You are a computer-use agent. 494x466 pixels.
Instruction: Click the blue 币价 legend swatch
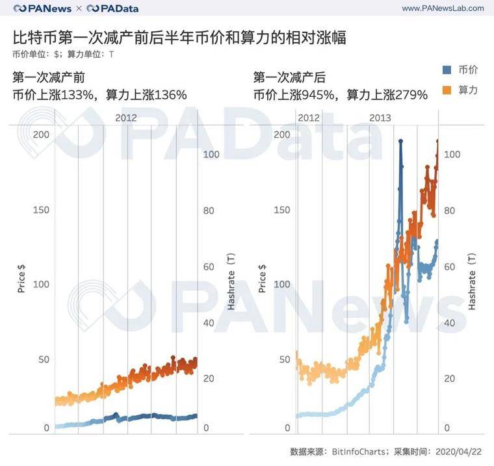[x=446, y=70]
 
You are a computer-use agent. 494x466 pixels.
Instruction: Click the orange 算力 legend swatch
[x=446, y=90]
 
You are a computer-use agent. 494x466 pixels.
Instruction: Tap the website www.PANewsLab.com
[x=443, y=8]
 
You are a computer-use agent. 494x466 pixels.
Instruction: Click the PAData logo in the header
[x=112, y=8]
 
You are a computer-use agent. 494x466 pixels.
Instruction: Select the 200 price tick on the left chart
[x=41, y=134]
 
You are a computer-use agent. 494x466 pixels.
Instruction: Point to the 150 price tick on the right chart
[x=280, y=210]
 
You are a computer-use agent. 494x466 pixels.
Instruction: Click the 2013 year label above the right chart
[x=380, y=118]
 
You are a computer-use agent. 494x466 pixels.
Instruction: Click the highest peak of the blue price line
[x=400, y=141]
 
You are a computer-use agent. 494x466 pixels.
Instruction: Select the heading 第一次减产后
[x=289, y=77]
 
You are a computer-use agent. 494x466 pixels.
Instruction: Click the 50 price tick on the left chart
[x=44, y=359]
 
